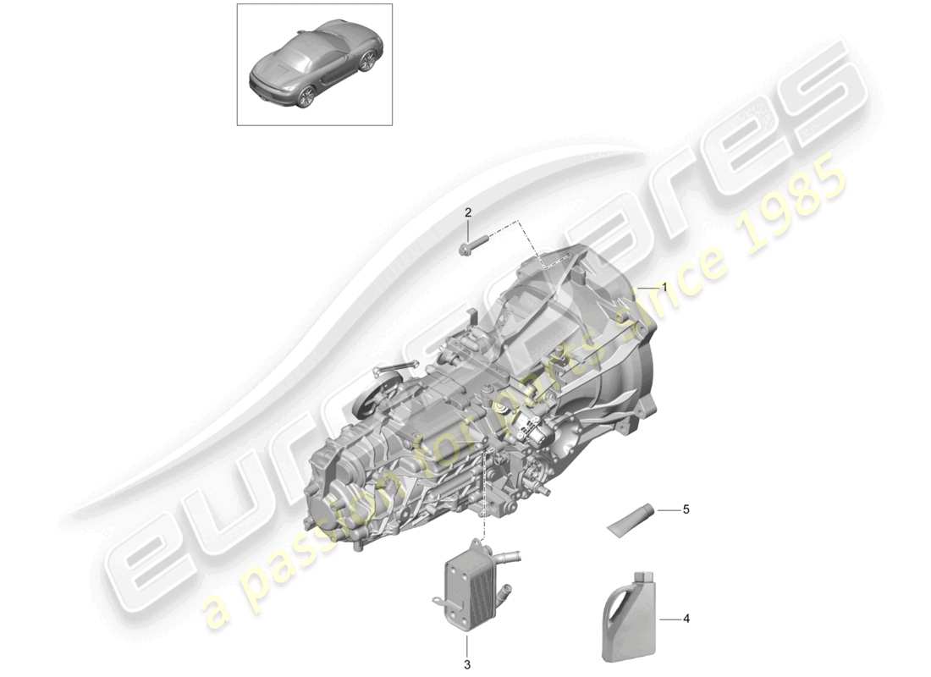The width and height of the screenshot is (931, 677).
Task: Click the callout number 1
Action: coord(664,288)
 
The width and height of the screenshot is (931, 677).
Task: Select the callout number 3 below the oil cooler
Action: coord(466,664)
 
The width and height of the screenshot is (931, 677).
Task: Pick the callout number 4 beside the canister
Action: coord(686,619)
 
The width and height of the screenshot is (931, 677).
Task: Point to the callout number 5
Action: coord(686,509)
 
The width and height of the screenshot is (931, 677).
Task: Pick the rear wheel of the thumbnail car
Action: coord(306,96)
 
